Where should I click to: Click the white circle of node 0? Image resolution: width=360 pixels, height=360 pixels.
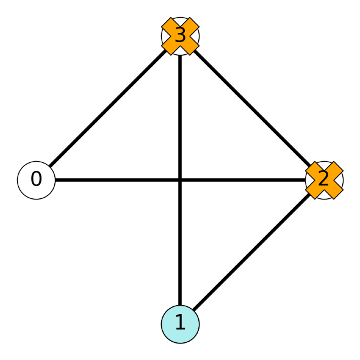tap(36, 180)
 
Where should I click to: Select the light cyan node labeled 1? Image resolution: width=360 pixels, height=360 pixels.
tap(180, 324)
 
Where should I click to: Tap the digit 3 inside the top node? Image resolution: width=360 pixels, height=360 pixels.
tap(180, 35)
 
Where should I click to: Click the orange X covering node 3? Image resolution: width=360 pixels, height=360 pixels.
tap(180, 36)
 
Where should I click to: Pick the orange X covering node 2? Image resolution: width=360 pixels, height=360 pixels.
tap(324, 180)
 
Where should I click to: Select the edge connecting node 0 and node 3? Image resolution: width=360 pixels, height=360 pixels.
tap(108, 108)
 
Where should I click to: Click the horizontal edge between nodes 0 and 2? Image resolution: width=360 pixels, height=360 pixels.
tap(180, 180)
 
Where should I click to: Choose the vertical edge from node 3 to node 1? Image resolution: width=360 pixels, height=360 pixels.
tap(180, 180)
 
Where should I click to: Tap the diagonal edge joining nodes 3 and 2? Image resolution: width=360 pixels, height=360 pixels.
tap(252, 108)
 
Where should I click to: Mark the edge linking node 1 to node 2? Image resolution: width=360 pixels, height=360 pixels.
tap(252, 252)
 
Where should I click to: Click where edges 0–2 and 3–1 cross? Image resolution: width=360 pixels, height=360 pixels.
tap(180, 180)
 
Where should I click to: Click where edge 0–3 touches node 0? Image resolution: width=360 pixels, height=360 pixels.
tap(50, 167)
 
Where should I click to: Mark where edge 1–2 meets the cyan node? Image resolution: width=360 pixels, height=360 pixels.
tap(194, 311)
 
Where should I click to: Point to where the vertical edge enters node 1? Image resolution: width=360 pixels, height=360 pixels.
tap(180, 305)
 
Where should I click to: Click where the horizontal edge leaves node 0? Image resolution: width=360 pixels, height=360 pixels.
tap(56, 180)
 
